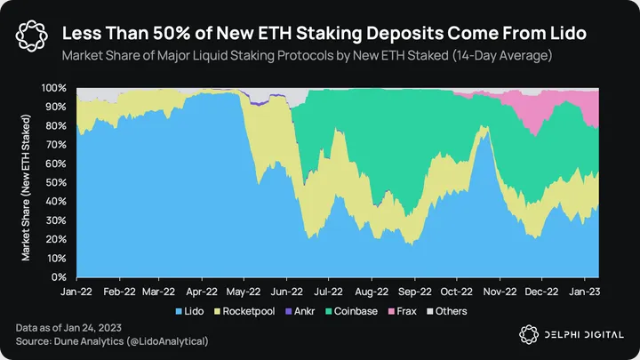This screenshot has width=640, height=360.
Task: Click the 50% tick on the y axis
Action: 56,183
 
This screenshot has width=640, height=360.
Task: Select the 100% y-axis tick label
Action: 54,88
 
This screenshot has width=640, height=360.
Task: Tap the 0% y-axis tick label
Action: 59,277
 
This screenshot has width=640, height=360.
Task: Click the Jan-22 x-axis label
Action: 76,291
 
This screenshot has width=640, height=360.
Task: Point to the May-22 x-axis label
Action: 243,291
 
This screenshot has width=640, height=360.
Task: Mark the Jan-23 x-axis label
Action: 584,291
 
